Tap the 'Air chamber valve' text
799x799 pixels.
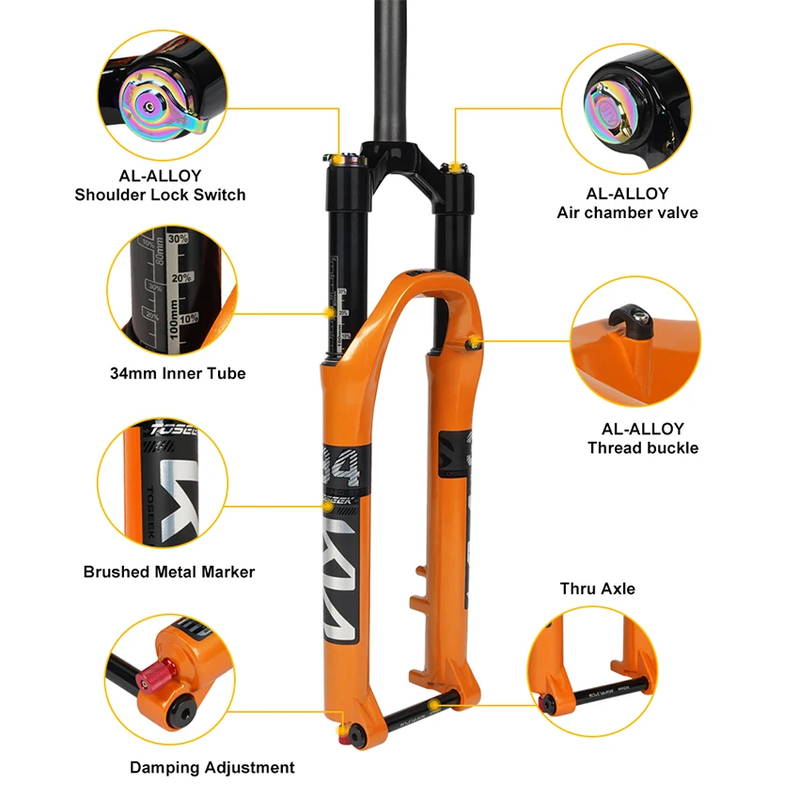[x=627, y=212]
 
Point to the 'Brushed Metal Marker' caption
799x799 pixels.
[x=169, y=572]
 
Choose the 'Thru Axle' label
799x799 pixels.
[x=597, y=588]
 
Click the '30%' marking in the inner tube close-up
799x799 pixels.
[x=179, y=239]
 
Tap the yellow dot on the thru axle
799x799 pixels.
[x=432, y=702]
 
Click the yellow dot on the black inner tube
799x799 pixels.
[x=328, y=310]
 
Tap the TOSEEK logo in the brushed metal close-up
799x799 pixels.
[x=171, y=434]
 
